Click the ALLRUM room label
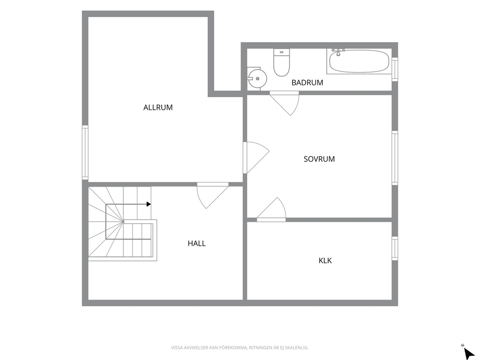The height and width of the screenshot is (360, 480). [x=158, y=107]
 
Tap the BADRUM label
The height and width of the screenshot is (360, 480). [x=307, y=83]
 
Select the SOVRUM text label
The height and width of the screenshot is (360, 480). [x=319, y=159]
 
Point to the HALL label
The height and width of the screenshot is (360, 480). [x=196, y=243]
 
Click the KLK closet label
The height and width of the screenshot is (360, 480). [x=325, y=260]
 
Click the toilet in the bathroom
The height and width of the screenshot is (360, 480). [x=281, y=62]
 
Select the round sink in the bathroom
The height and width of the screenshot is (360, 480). [x=257, y=79]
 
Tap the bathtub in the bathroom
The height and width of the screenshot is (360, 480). [x=359, y=61]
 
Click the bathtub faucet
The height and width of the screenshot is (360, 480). [x=338, y=52]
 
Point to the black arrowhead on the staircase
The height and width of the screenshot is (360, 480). [x=149, y=204]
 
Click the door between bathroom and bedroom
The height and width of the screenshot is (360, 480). [x=284, y=103]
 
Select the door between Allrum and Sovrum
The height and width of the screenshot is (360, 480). [x=256, y=157]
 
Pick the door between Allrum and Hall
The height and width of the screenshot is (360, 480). [x=212, y=195]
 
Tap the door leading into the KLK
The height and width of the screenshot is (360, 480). [x=271, y=210]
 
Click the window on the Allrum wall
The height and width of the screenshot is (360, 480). [x=85, y=152]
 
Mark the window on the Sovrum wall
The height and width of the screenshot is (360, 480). [x=395, y=158]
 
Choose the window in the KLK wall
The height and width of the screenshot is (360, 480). [x=395, y=249]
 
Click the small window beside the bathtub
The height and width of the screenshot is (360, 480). [x=395, y=69]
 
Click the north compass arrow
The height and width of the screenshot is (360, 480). [x=468, y=354]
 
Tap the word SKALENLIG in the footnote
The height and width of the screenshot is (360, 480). [x=297, y=348]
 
